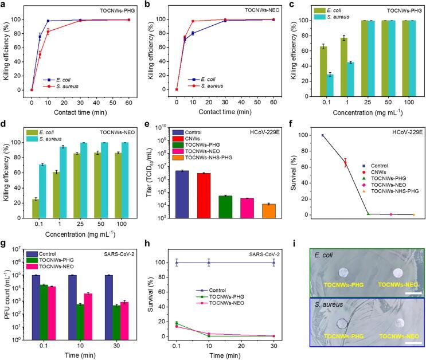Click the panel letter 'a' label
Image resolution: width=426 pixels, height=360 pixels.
tap(5, 6)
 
